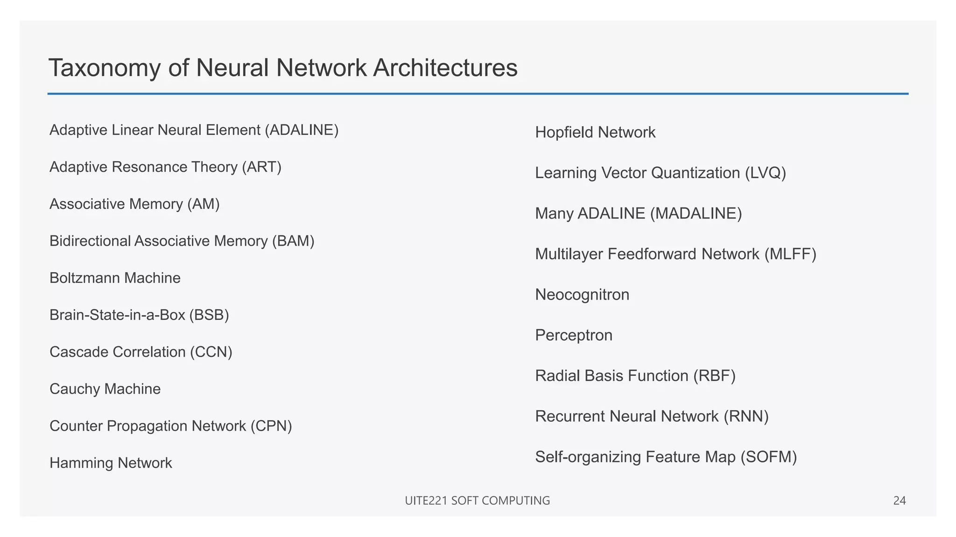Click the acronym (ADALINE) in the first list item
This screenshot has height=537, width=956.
(302, 130)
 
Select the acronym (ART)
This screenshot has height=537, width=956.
(261, 167)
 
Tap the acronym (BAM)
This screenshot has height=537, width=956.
(293, 241)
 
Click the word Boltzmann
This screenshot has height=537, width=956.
(80, 278)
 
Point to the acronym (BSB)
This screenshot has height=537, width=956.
(209, 315)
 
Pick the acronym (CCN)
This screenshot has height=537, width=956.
(211, 352)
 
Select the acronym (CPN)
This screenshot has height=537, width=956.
(271, 426)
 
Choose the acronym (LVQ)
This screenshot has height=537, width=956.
(766, 173)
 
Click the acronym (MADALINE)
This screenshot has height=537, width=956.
(696, 213)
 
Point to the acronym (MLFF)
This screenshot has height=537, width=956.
(790, 254)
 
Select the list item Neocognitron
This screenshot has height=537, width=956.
(582, 295)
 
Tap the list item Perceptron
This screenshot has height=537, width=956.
(574, 336)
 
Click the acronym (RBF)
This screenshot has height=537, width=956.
(714, 376)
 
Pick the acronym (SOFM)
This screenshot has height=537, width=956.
(769, 457)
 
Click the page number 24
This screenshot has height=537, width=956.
(899, 501)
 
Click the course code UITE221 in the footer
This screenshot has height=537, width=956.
(426, 501)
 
